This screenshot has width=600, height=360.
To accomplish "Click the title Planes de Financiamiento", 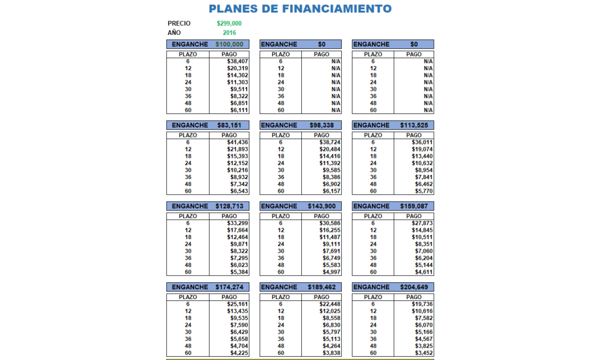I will [300, 9].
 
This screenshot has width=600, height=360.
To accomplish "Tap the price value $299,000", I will [229, 23].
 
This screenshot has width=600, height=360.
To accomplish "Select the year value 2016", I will [229, 33].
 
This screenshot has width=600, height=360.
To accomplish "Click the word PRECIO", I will [179, 23].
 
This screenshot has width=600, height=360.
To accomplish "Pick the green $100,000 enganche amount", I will [229, 45].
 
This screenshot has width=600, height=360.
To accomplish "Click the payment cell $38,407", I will [238, 61].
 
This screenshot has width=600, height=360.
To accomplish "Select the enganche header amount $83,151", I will [229, 126].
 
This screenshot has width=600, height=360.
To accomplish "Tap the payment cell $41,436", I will [238, 142].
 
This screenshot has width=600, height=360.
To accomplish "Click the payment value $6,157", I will [330, 191].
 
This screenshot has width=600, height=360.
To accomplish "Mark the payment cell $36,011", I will [422, 142].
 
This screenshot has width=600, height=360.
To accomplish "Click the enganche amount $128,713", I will [229, 206].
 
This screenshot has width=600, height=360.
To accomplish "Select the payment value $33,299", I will [238, 224].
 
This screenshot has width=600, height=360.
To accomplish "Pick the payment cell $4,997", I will [330, 272].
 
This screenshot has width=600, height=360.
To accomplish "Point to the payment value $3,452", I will [422, 353].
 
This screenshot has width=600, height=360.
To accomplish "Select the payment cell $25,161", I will [238, 304].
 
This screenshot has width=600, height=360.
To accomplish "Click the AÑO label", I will [174, 33].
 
